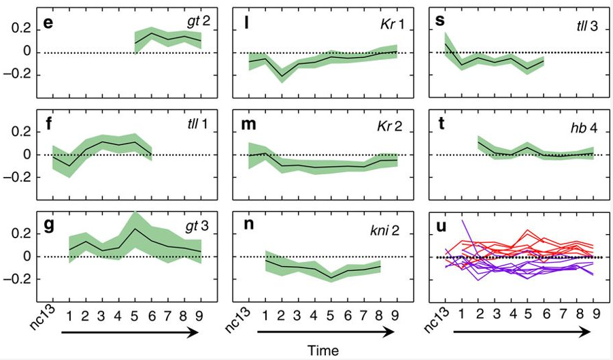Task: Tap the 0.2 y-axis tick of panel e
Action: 23,29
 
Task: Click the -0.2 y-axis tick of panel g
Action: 20,279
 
